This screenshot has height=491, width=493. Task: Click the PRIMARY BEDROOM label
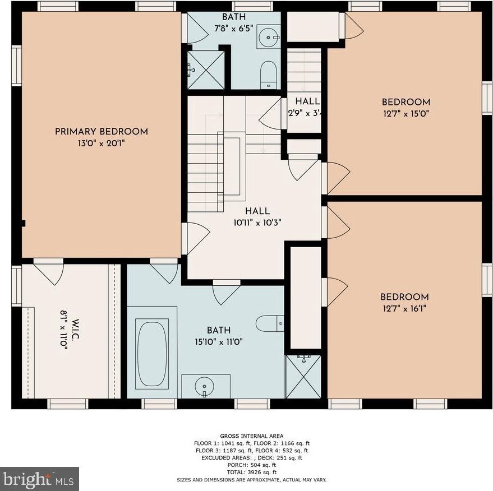click(102, 131)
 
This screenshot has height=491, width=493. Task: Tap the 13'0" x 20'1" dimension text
click(102, 143)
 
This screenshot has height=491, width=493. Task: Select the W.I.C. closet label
click(76, 329)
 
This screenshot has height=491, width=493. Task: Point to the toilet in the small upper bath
click(269, 75)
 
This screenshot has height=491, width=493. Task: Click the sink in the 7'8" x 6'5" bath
click(268, 37)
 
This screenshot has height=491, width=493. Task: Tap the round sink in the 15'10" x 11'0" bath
click(204, 386)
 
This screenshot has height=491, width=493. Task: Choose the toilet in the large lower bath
click(270, 323)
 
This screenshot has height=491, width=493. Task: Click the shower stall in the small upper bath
click(206, 70)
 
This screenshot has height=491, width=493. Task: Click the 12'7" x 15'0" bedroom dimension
click(406, 113)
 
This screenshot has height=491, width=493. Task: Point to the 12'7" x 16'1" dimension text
click(404, 308)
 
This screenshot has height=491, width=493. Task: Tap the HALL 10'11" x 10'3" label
click(257, 217)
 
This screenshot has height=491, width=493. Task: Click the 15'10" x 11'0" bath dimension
click(219, 342)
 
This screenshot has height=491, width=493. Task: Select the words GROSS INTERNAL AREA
click(251, 436)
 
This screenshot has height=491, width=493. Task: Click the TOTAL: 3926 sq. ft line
click(251, 472)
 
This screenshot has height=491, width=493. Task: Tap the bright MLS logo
click(39, 479)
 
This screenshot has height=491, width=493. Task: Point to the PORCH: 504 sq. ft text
click(251, 465)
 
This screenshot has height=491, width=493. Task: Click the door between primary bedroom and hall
click(195, 238)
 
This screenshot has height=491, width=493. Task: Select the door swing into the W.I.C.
click(49, 271)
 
